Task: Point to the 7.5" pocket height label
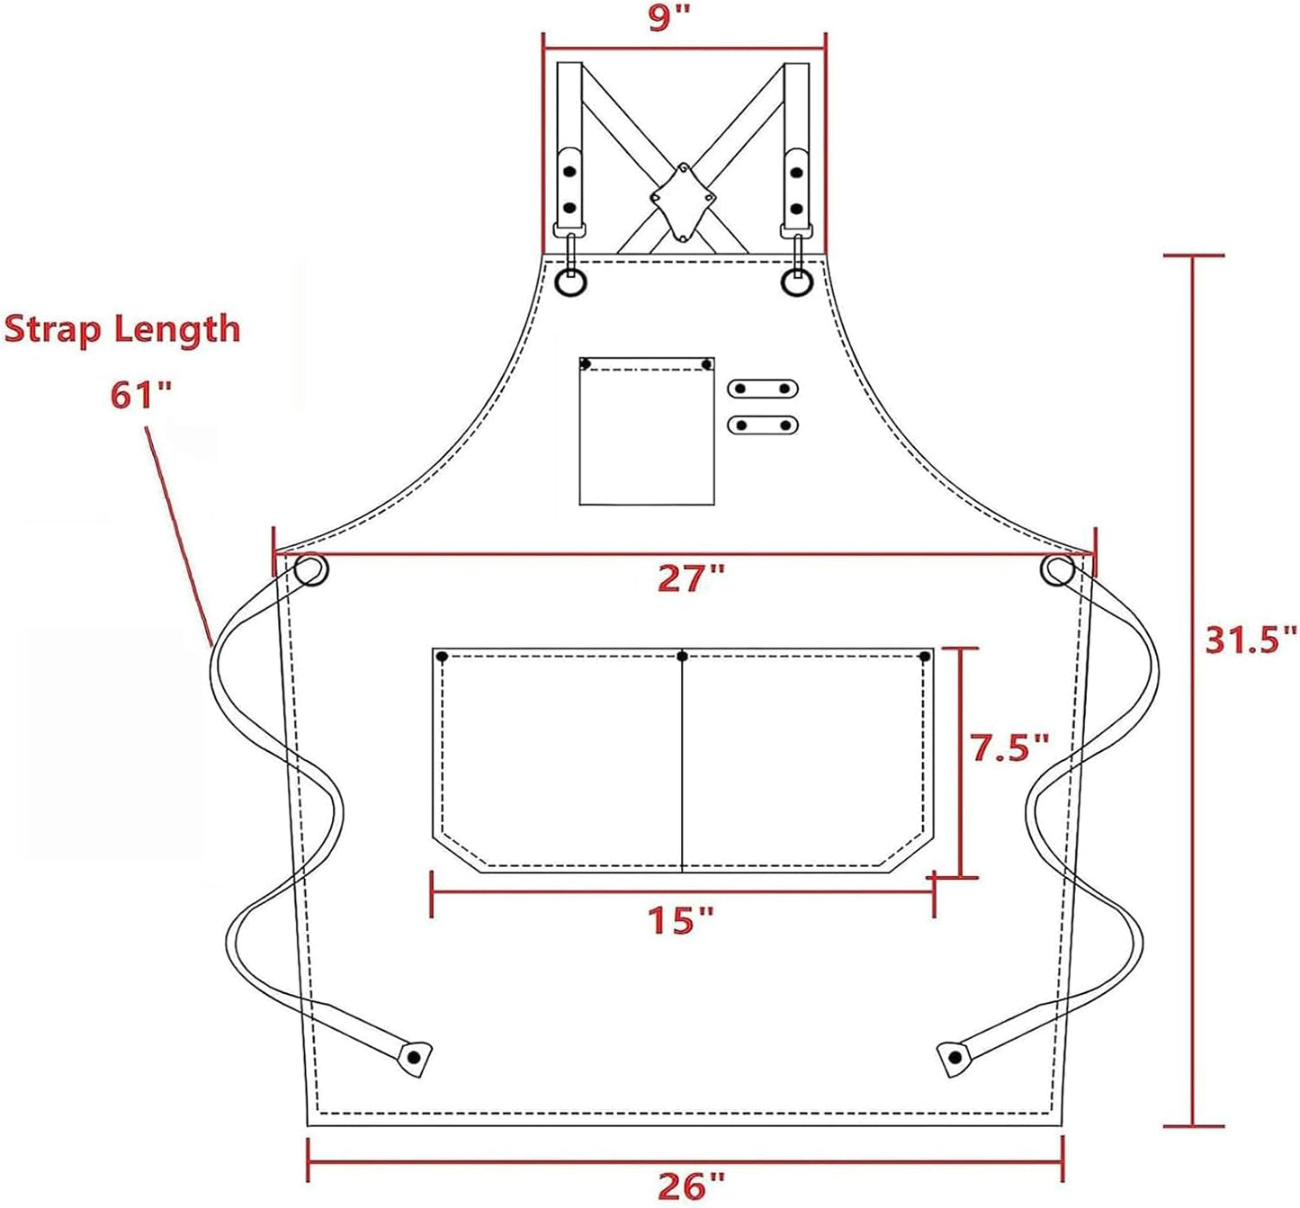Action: pos(1009,747)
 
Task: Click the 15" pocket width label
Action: pos(680,919)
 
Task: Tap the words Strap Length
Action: pos(122,329)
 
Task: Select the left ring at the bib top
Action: pos(570,283)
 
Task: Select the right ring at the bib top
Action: pos(796,283)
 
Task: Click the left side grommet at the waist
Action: pos(310,570)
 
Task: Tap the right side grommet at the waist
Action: pos(1058,570)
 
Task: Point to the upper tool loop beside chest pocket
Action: pos(762,389)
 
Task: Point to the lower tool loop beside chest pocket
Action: pos(762,424)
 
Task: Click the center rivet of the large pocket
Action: pos(682,656)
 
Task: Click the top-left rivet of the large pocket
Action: pos(442,657)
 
